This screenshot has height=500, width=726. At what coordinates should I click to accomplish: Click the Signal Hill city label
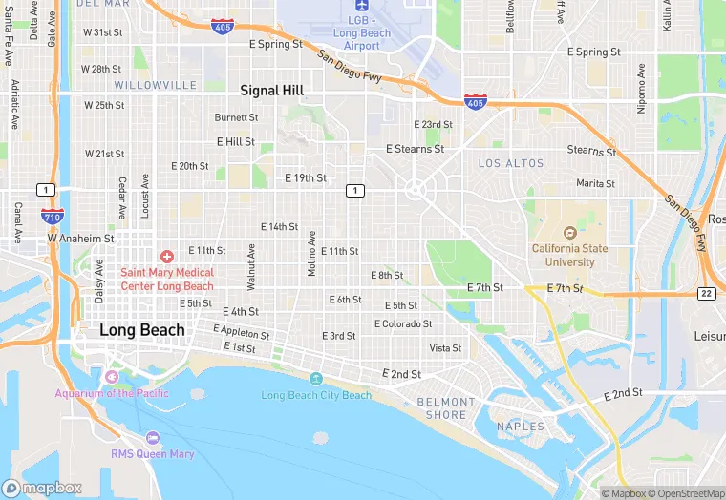(271, 91)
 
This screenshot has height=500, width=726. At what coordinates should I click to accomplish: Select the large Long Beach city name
(142, 330)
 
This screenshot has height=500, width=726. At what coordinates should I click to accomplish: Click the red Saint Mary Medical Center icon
(167, 257)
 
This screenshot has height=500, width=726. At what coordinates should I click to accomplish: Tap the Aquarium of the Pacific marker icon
(112, 376)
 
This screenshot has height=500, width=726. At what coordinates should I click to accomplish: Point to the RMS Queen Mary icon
(153, 437)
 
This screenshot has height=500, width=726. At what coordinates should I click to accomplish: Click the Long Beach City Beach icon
(316, 379)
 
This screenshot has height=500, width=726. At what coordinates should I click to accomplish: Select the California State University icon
(569, 232)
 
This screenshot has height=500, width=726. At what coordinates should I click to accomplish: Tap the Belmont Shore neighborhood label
(446, 408)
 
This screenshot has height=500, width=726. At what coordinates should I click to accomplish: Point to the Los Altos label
(503, 164)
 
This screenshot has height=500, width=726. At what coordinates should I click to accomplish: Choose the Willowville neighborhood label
(141, 86)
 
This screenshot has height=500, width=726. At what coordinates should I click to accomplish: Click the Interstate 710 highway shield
(53, 218)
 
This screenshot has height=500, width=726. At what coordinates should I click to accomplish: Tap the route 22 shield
(707, 293)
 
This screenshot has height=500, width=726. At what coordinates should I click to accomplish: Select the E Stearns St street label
(415, 149)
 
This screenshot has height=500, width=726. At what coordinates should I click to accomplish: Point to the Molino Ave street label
(311, 253)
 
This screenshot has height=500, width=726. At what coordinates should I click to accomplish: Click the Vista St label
(445, 348)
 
